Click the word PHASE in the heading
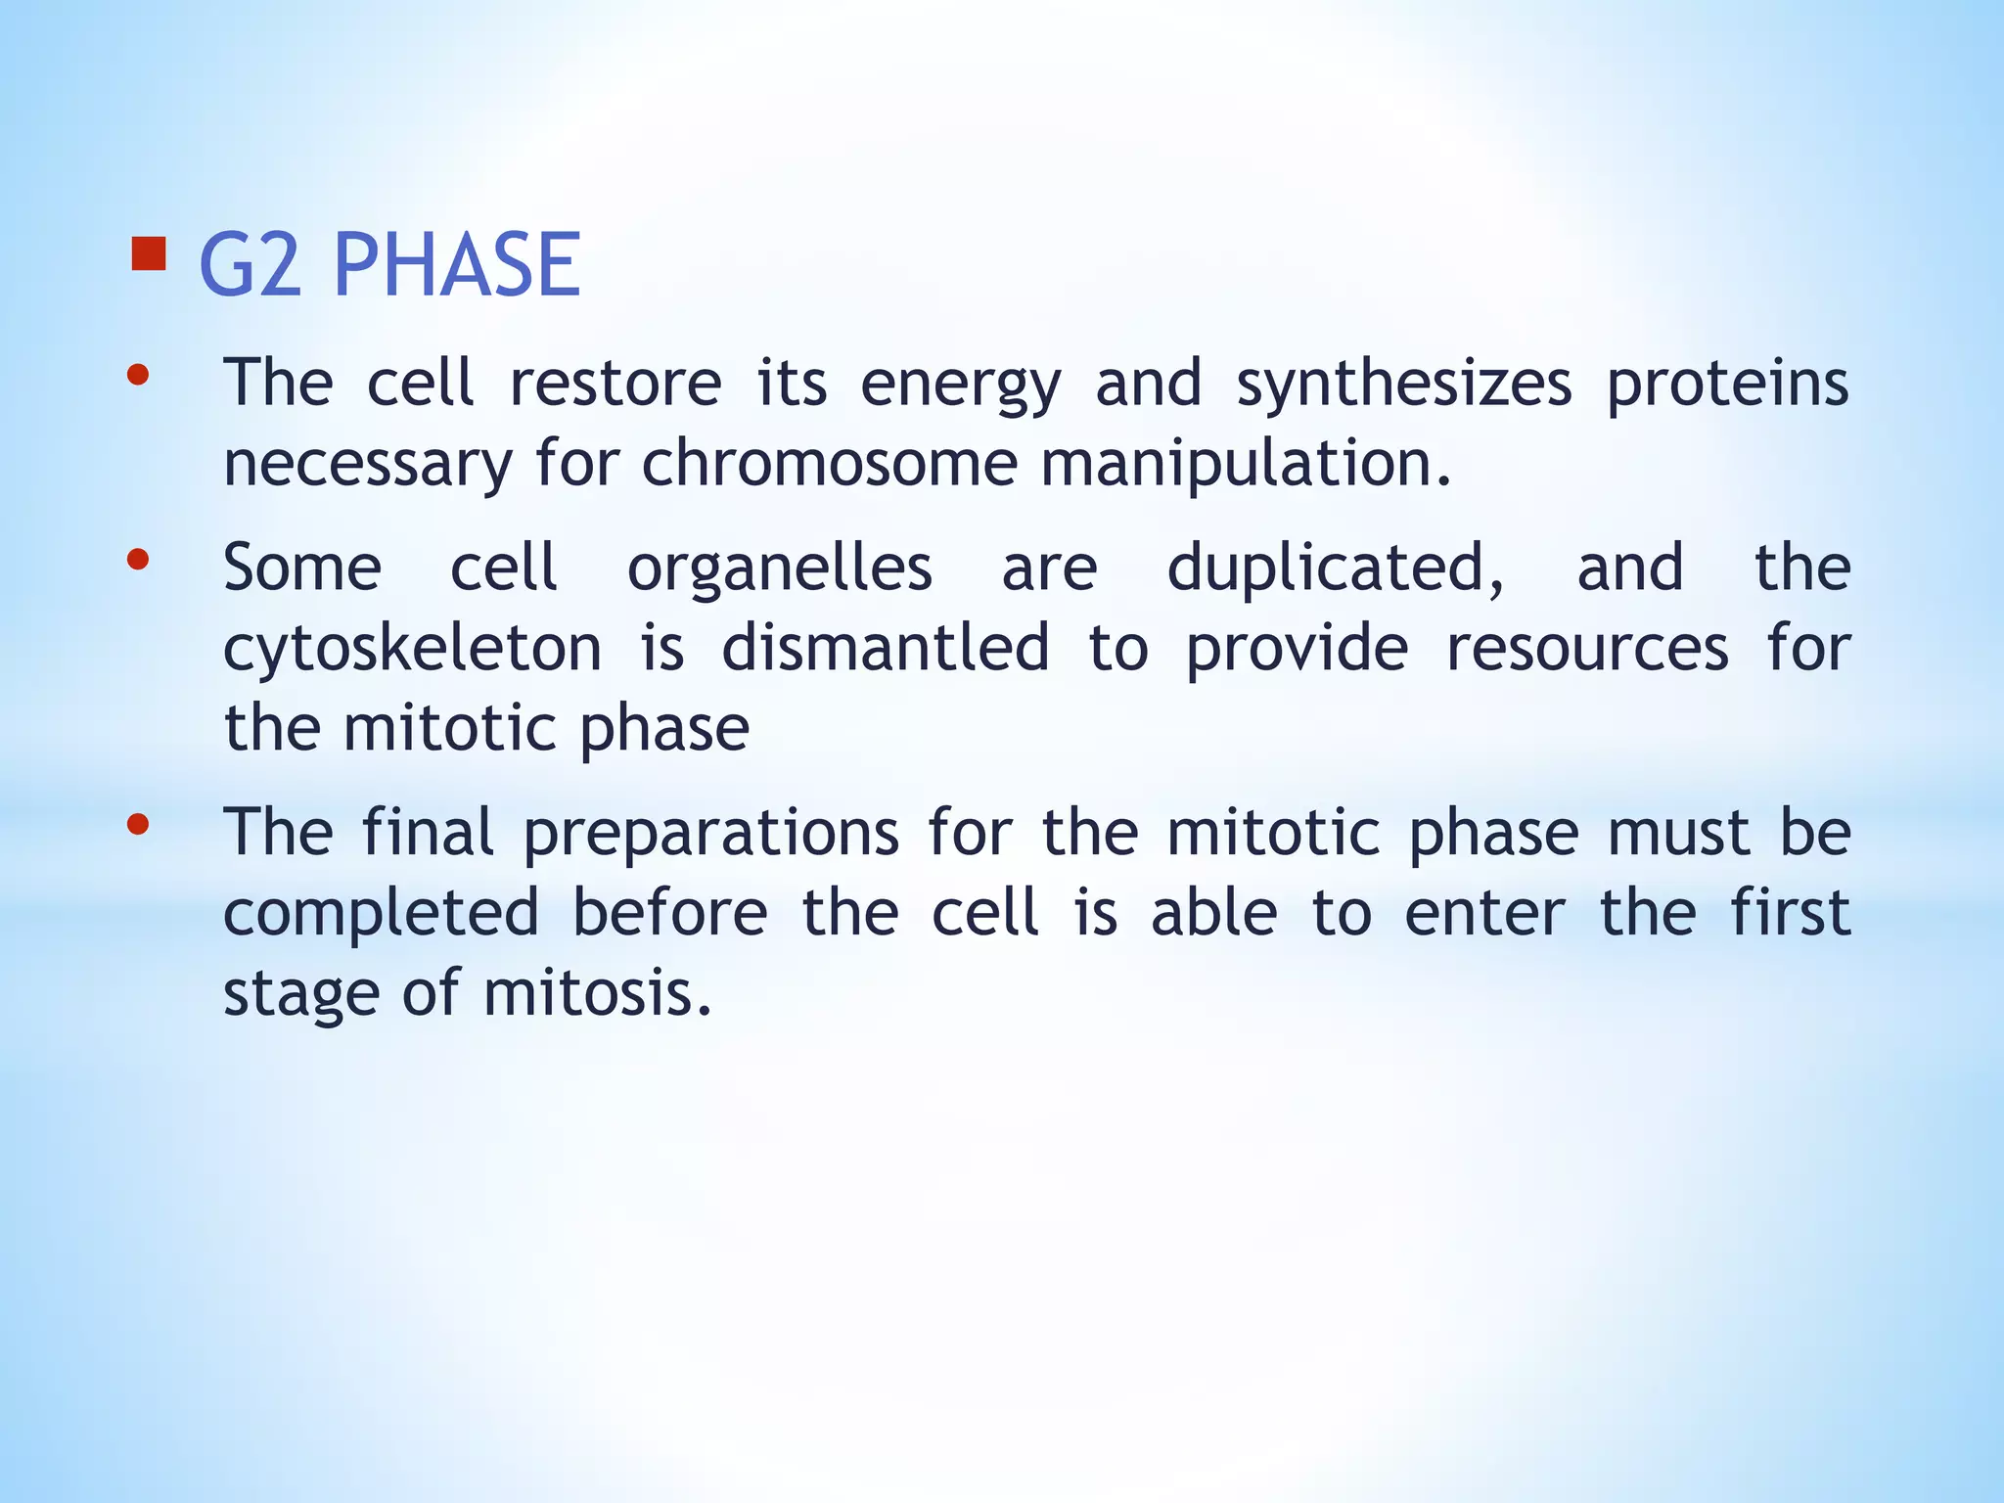457,265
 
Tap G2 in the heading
250,265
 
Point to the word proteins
1728,384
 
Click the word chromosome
830,463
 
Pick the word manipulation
1245,463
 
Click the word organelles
780,569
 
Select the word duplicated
1336,569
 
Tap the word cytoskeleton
413,649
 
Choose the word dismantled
886,649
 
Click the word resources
1587,649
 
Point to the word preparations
711,834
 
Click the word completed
382,913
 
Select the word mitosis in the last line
597,993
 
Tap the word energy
960,384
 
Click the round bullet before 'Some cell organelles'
138,560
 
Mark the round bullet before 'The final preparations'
138,824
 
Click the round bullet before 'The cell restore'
138,375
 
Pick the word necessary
368,465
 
